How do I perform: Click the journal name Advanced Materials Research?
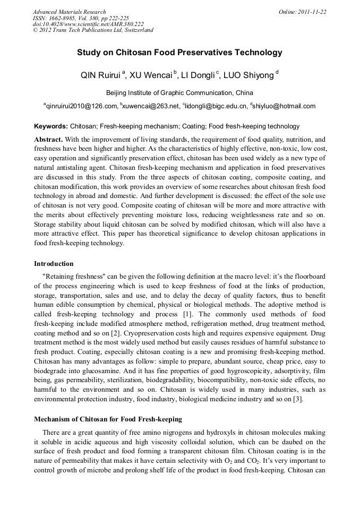pos(69,12)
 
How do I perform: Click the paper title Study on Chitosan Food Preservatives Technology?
pos(179,53)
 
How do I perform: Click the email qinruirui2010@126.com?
pos(82,106)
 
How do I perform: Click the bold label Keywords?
pos(51,126)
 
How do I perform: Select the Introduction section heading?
pos(54,263)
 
